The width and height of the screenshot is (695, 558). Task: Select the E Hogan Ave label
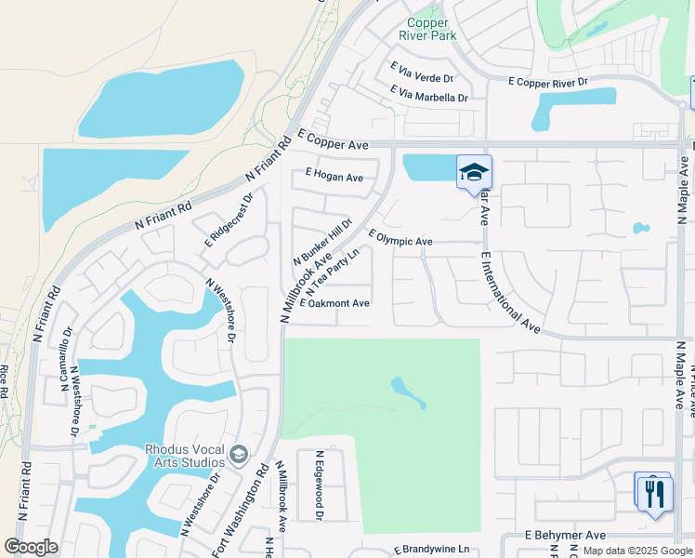point(334,177)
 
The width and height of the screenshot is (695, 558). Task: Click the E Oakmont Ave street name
point(334,303)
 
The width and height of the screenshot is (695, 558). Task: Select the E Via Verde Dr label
point(422,73)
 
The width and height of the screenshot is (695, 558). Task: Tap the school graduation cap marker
point(474,171)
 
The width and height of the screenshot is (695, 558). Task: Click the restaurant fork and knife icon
point(656,492)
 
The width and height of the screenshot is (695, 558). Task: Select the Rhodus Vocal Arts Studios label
point(185,456)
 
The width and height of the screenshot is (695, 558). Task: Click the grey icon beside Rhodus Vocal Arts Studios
point(239,455)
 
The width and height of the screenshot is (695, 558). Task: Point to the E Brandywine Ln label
point(431,550)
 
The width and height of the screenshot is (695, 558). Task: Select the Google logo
point(31,547)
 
